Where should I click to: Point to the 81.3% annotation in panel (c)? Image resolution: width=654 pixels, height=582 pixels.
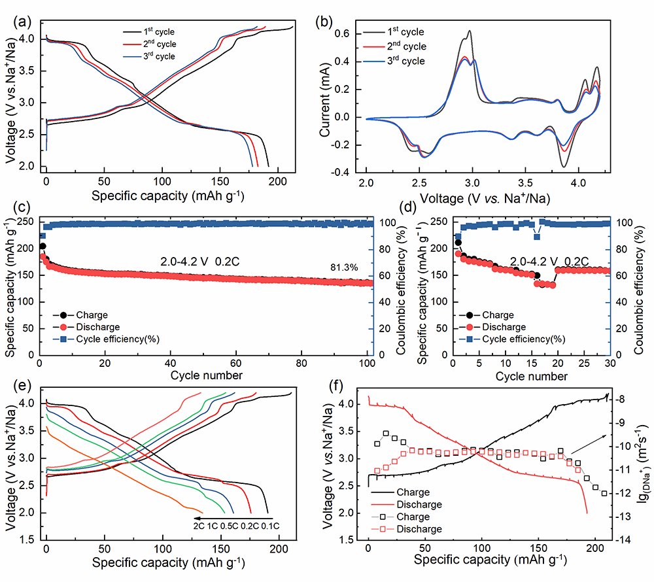[x=345, y=267]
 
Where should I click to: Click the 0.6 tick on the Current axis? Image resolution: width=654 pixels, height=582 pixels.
[x=351, y=33]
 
